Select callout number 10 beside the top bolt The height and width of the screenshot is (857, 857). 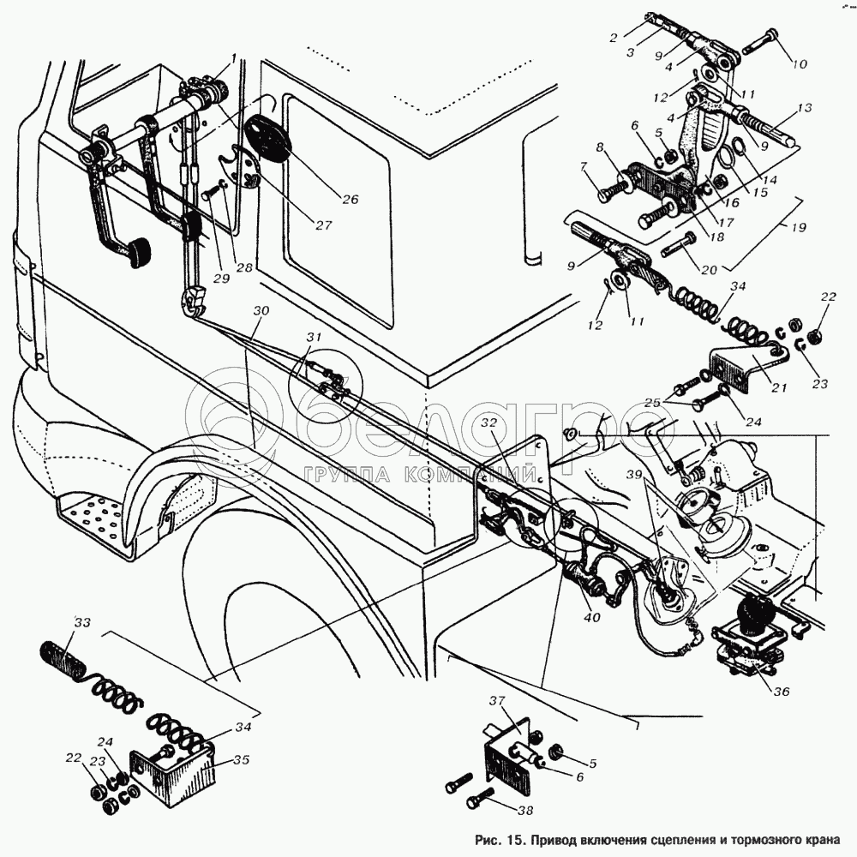[800, 65]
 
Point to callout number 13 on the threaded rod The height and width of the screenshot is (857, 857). [804, 109]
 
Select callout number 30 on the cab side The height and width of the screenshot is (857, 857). [261, 310]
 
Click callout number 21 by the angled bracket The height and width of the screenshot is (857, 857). [778, 388]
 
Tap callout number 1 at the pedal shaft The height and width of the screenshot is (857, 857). [230, 58]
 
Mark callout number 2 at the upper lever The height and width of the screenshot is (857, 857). [614, 38]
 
